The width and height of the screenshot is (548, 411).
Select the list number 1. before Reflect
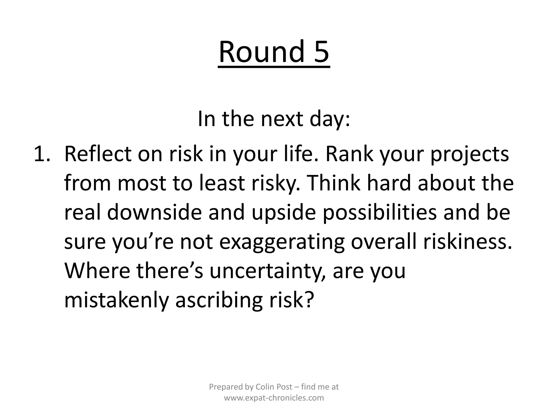point(42,154)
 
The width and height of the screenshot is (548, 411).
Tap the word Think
point(332,184)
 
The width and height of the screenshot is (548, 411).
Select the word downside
point(154,213)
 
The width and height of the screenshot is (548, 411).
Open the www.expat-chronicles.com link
point(274,398)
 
